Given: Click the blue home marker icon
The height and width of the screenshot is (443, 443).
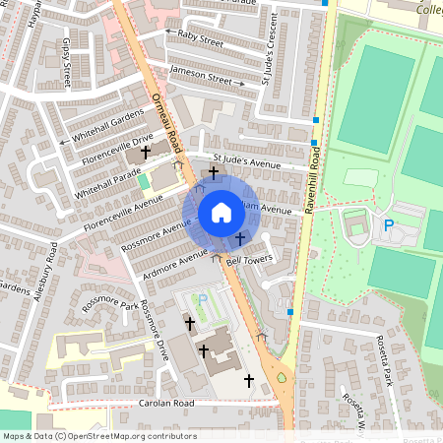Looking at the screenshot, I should click(221, 212).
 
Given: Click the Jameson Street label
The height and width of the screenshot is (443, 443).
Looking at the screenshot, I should click(200, 75).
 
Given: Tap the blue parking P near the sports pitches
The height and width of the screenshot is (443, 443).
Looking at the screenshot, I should click(389, 225).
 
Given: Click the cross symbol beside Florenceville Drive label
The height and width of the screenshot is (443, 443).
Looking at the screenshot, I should click(147, 153).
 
